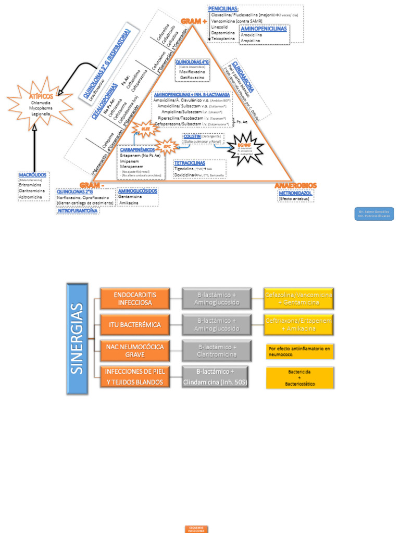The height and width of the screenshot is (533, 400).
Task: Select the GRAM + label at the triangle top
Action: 194,21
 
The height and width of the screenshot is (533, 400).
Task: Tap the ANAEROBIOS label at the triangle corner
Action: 295,185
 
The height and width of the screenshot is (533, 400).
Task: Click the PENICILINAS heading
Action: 223,9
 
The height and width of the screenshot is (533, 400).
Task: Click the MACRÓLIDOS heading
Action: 32,175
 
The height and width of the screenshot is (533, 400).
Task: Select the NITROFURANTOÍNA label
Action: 77,211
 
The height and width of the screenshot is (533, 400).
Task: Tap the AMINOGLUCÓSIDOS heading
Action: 137,191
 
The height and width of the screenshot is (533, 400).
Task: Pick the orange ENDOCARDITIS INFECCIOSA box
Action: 135,298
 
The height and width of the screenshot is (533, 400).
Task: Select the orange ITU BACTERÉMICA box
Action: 135,324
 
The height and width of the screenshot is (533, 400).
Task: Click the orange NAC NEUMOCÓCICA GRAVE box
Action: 135,350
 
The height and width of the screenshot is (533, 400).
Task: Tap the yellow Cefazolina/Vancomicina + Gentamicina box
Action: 299,298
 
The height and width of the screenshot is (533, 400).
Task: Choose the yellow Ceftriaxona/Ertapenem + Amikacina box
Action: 299,324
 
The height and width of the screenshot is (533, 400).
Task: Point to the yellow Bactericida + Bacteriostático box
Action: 299,378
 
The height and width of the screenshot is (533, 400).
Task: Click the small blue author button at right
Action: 374,213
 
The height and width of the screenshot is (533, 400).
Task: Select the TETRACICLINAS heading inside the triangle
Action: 190,163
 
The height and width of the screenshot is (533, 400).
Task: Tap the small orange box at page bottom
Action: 197,529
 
